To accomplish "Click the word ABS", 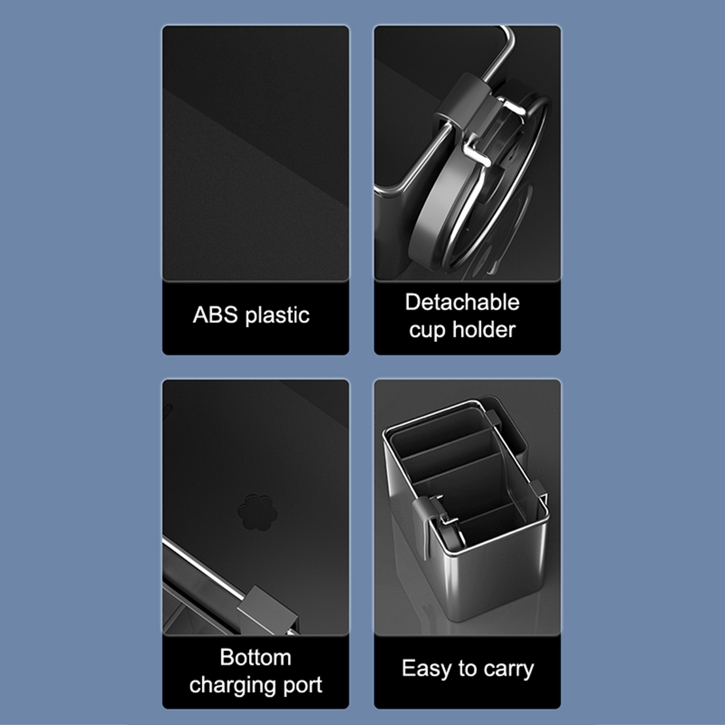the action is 215,314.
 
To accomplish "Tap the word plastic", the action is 277,315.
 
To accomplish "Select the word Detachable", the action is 462,302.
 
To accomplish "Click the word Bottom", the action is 256,657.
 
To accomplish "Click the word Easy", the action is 427,669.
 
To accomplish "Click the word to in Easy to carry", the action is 468,668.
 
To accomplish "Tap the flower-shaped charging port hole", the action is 257,512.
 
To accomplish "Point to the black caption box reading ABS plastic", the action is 256,318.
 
